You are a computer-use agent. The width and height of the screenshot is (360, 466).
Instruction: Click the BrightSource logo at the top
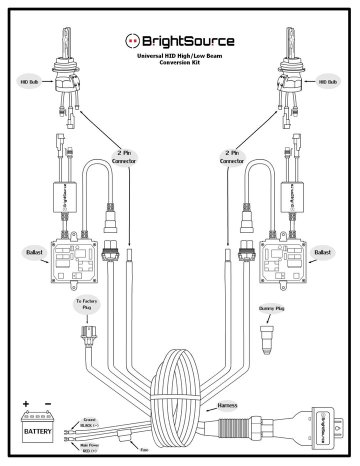pos(179,41)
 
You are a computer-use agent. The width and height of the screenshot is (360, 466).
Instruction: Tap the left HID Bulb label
pos(29,81)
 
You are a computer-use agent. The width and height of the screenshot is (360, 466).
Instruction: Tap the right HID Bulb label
pos(328,81)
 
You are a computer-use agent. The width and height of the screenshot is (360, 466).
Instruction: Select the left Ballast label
pos(34,252)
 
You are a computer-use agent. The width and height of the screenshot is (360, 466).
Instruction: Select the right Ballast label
pos(322,252)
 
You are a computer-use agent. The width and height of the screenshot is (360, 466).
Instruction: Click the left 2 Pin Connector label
pos(123,157)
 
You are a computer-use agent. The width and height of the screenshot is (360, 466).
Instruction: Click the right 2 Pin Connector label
pos(232,157)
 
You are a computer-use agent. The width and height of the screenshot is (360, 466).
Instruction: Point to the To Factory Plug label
pos(86,304)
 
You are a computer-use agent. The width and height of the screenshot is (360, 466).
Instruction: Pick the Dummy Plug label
pos(271,308)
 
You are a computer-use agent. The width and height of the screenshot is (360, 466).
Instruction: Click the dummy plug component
pos(266,339)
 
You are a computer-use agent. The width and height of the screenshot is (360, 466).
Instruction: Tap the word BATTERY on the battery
pos(38,431)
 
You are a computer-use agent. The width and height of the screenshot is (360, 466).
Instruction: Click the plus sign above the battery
pos(26,403)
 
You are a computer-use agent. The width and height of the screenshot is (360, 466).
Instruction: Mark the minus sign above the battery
pos(48,403)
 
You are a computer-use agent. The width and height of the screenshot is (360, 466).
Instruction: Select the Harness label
pos(227,405)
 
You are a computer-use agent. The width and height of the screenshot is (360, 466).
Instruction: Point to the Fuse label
pos(144,450)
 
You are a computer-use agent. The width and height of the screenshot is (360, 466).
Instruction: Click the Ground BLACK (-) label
pos(89,422)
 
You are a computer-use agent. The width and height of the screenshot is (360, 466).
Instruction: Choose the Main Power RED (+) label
pos(89,448)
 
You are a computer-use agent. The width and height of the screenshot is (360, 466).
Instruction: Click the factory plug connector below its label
pos(86,336)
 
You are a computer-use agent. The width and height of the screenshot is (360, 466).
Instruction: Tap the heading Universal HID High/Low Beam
pos(179,55)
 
